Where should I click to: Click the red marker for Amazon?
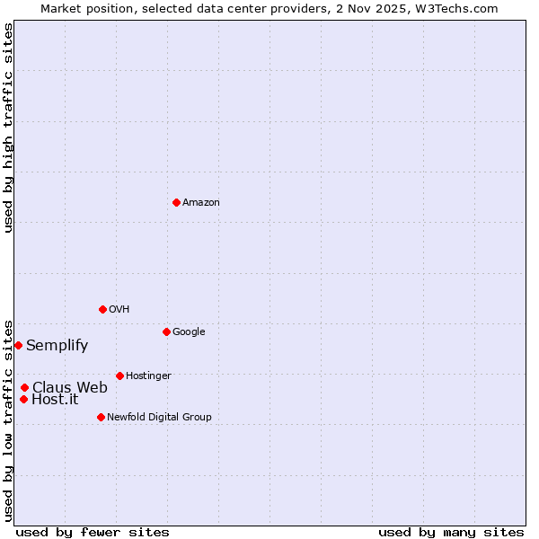(176, 202)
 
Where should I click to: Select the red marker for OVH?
(102, 309)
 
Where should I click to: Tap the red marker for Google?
(166, 331)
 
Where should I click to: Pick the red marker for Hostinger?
(119, 376)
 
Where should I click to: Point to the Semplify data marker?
(18, 345)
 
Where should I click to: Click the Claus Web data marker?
(24, 387)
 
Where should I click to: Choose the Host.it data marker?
(23, 399)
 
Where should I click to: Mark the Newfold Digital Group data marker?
(101, 417)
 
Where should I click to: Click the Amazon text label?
(201, 203)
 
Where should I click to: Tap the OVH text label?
(119, 310)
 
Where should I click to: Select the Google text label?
(189, 332)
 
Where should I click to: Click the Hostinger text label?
(148, 376)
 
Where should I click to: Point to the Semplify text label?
(57, 346)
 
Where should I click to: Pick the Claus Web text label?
(69, 388)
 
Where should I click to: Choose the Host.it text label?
(55, 400)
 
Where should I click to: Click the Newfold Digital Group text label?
(159, 418)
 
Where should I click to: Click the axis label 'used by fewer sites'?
(93, 532)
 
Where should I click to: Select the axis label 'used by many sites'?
(451, 532)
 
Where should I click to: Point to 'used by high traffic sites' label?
(8, 128)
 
